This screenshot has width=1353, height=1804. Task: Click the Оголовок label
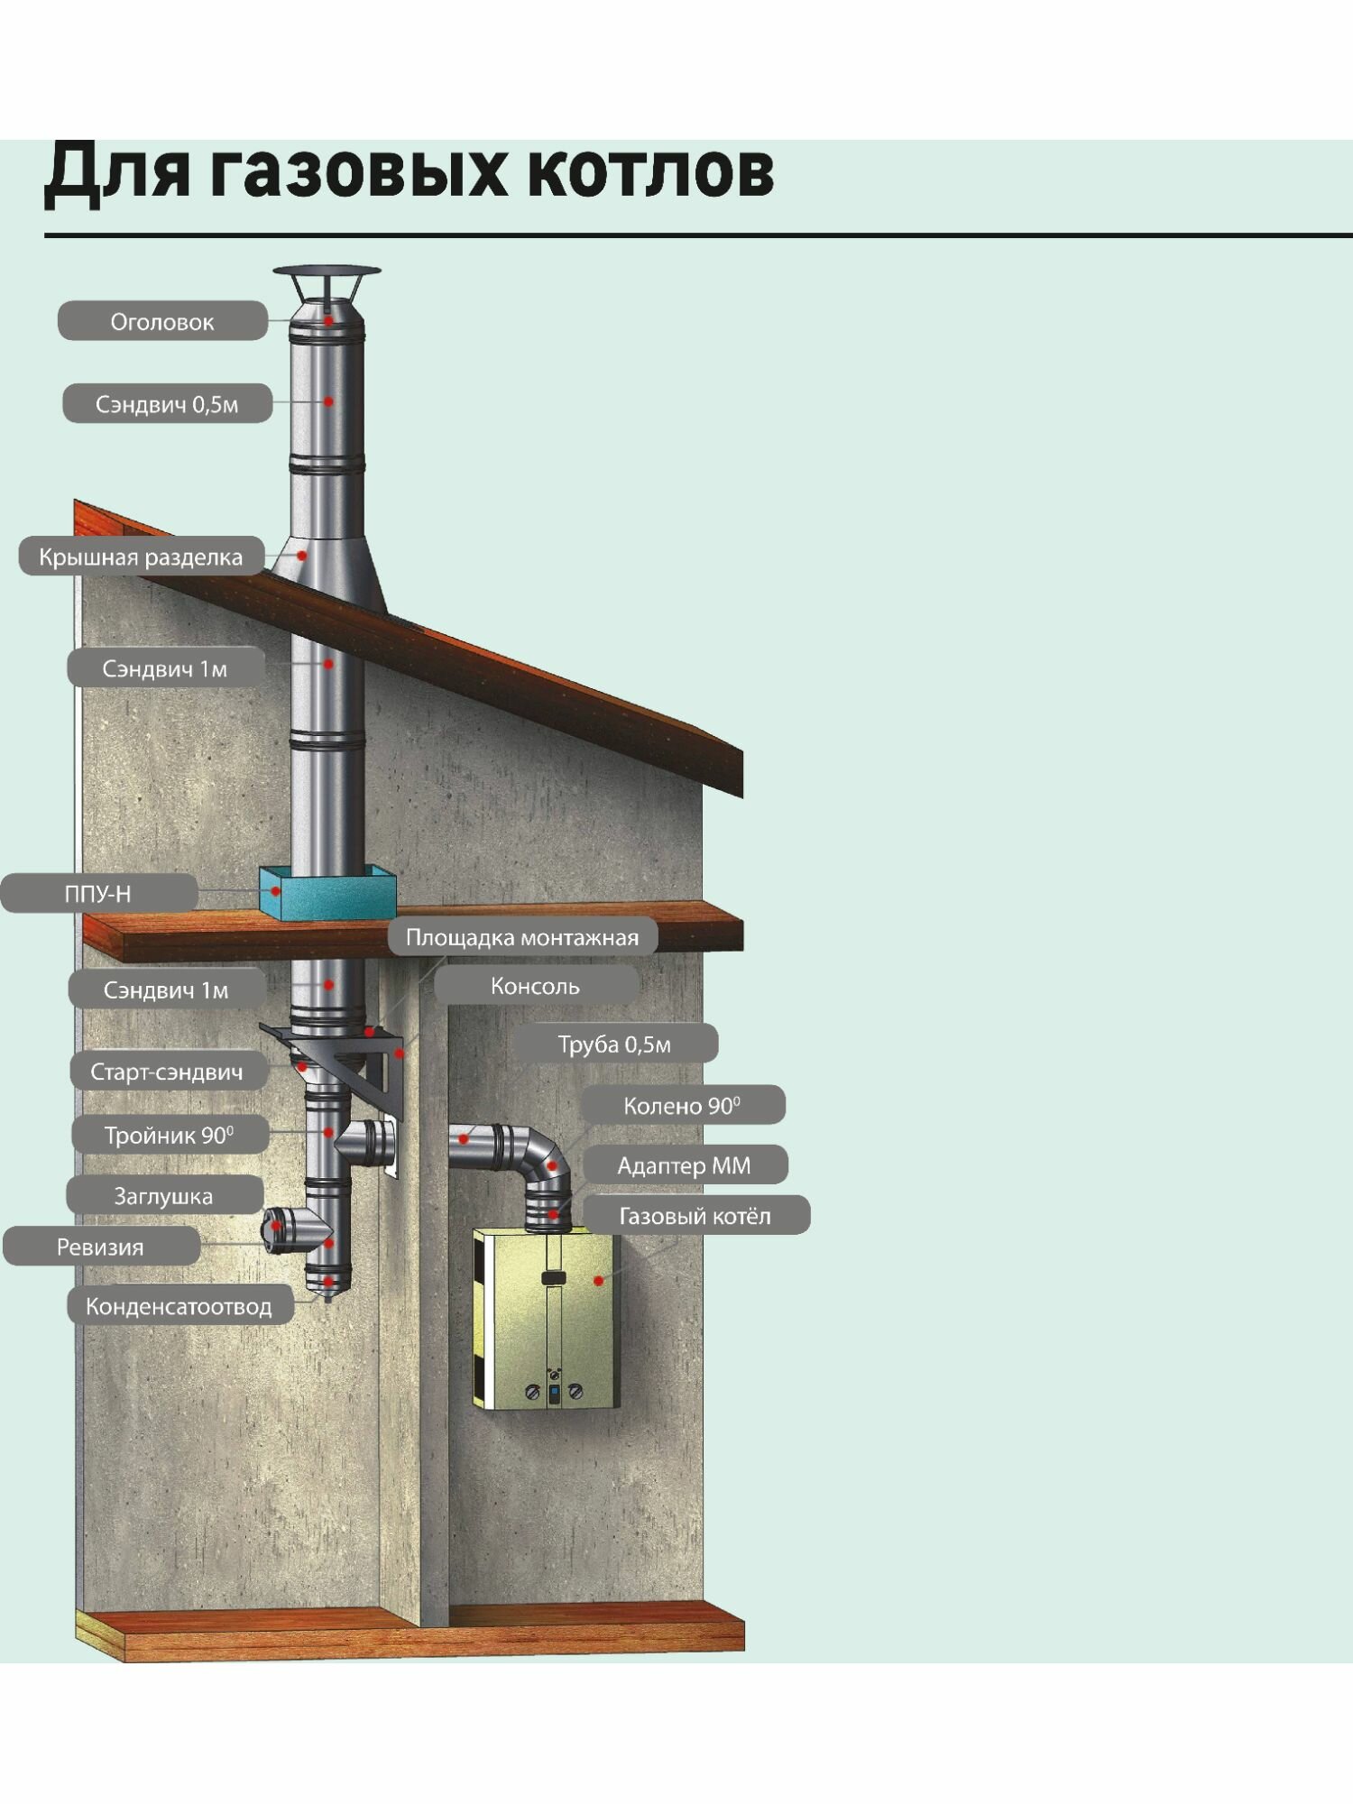[x=162, y=322]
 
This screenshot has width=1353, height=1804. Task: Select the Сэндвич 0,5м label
[x=167, y=404]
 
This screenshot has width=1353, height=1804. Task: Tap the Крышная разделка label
[x=141, y=557]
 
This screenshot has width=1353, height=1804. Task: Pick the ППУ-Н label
[x=98, y=894]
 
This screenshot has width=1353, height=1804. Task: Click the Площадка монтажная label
[x=522, y=937]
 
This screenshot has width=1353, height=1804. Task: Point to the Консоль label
[x=535, y=986]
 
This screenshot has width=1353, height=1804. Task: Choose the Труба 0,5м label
[x=614, y=1044]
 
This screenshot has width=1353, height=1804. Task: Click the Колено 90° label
[x=682, y=1105]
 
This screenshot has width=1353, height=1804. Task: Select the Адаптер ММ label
[x=684, y=1165]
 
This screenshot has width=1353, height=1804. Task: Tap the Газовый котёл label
[x=695, y=1216]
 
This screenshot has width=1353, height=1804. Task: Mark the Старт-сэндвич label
[x=167, y=1072]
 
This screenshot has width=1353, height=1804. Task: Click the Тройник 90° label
[x=169, y=1135]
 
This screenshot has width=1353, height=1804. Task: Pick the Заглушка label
[x=163, y=1196]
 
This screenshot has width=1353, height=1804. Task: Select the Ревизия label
[x=100, y=1247]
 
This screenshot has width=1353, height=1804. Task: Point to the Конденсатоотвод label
[x=179, y=1306]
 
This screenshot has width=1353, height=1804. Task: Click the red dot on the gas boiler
[x=598, y=1280]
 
